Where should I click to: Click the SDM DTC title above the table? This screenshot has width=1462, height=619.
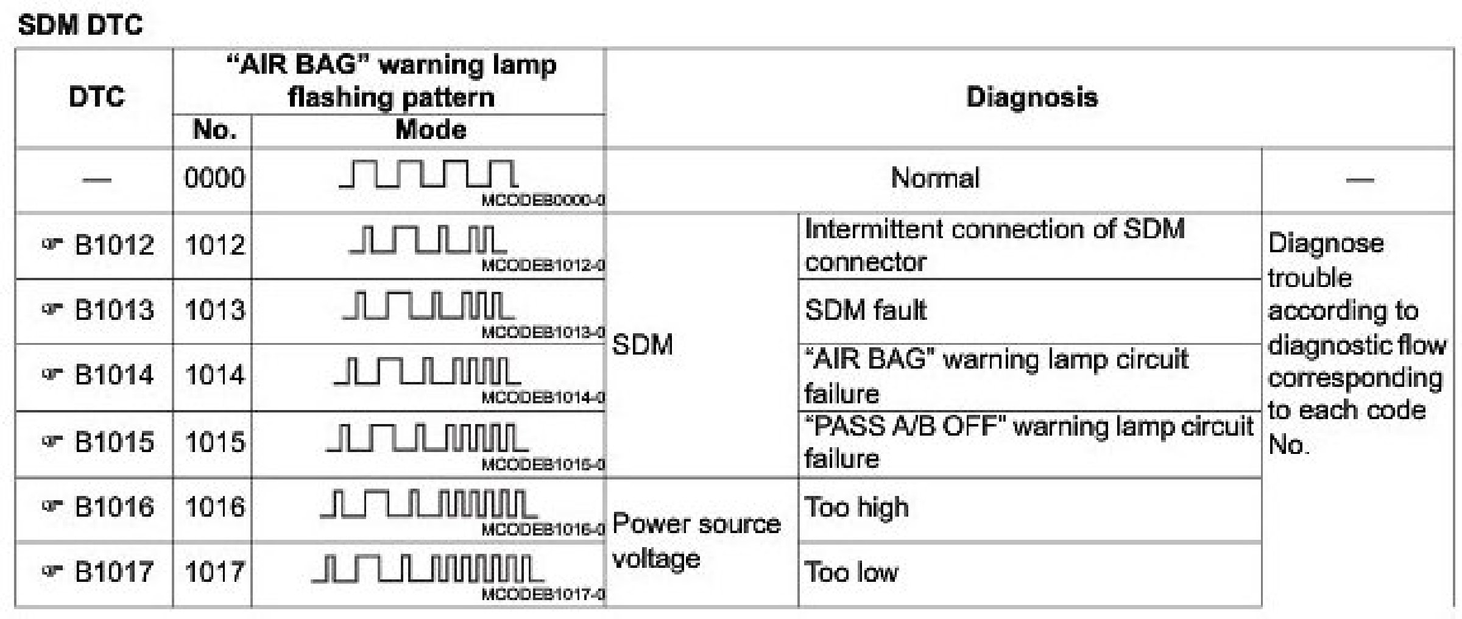click(x=80, y=26)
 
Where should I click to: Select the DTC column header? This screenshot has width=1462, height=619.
click(x=96, y=97)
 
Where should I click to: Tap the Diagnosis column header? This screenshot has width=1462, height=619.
click(x=1031, y=97)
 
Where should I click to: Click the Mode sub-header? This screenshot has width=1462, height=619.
click(x=431, y=130)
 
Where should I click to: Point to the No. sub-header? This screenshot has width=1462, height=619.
click(x=214, y=130)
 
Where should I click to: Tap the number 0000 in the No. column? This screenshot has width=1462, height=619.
click(x=214, y=178)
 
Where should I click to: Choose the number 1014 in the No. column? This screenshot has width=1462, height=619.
click(x=214, y=375)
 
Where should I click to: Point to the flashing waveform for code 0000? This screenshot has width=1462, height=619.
click(x=428, y=174)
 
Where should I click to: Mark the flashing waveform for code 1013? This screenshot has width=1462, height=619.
click(x=428, y=306)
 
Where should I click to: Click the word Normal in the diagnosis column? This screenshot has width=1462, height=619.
click(x=934, y=178)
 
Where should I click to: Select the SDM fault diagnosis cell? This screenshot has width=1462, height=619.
click(x=865, y=311)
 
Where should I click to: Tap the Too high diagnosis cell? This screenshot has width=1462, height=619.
click(x=856, y=508)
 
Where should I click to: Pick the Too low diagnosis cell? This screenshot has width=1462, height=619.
click(x=851, y=573)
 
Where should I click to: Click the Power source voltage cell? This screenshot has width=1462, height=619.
click(x=696, y=541)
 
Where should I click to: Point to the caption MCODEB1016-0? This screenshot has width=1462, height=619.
click(x=543, y=529)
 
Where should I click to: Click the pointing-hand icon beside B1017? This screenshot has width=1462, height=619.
click(x=52, y=571)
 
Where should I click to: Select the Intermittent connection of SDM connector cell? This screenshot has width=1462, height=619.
click(x=994, y=246)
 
